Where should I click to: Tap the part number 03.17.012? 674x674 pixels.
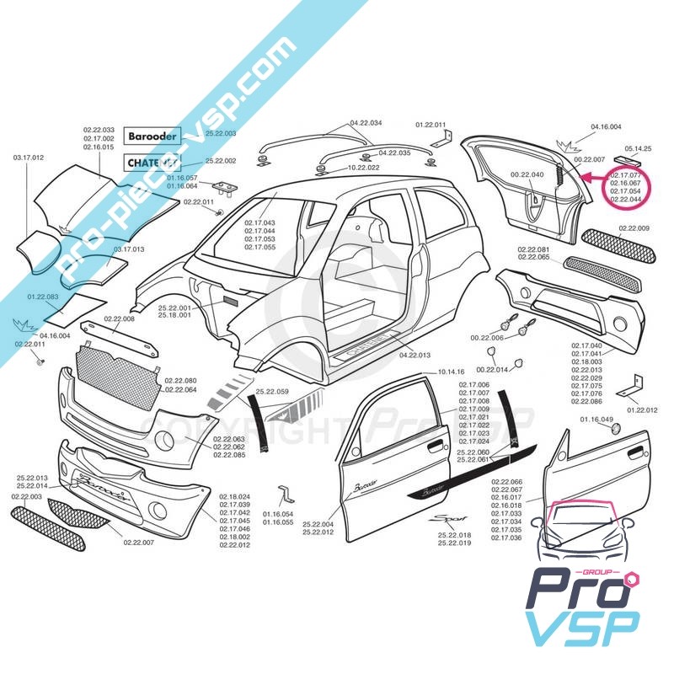pyautogui.click(x=28, y=158)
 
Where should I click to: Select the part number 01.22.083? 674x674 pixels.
pyautogui.click(x=43, y=297)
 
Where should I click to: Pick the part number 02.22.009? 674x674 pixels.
pyautogui.click(x=633, y=228)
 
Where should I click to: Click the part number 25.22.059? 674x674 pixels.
pyautogui.click(x=272, y=391)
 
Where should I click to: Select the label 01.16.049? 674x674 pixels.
pyautogui.click(x=596, y=419)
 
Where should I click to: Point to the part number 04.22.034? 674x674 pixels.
pyautogui.click(x=366, y=123)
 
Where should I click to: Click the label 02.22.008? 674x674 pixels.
pyautogui.click(x=119, y=318)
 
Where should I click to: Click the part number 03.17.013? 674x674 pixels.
pyautogui.click(x=130, y=249)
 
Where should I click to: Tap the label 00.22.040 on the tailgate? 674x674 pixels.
pyautogui.click(x=527, y=175)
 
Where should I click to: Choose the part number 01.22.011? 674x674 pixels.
pyautogui.click(x=431, y=125)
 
